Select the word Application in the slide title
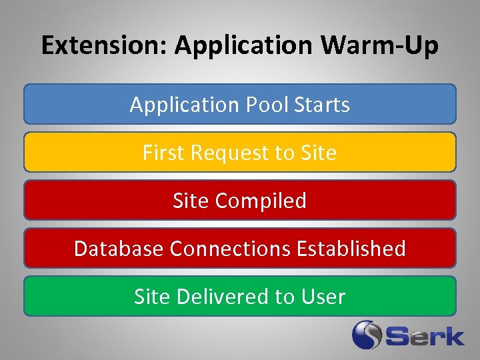tap(244, 46)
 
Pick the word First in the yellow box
tap(164, 153)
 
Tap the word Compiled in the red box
tap(261, 201)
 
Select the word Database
tap(119, 249)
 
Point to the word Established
tap(351, 249)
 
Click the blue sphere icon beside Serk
tap(366, 335)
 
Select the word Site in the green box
tap(153, 297)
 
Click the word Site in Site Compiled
tap(191, 201)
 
